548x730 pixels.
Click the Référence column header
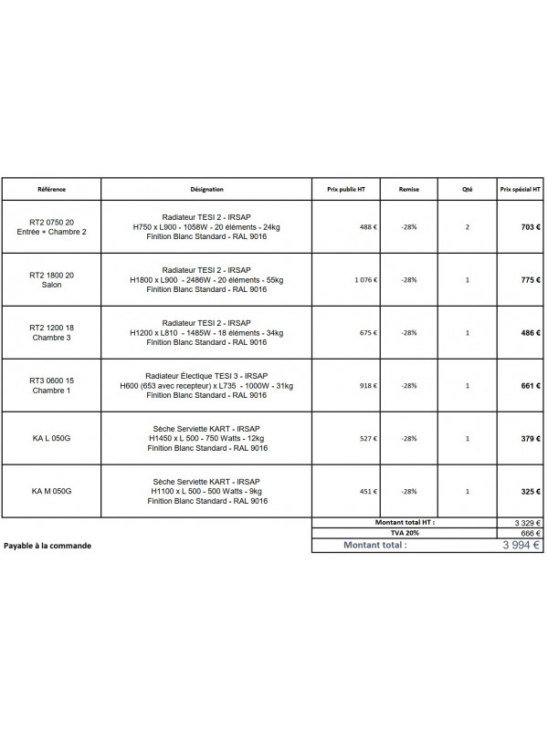pyautogui.click(x=51, y=190)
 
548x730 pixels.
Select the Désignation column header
pyautogui.click(x=207, y=190)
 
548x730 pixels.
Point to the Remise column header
pyautogui.click(x=408, y=190)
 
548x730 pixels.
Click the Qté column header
pyautogui.click(x=468, y=190)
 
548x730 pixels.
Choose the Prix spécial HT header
pyautogui.click(x=520, y=190)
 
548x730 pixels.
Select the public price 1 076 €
pyautogui.click(x=366, y=280)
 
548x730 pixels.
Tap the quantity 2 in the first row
pyautogui.click(x=468, y=227)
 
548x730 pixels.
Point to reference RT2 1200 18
pyautogui.click(x=51, y=328)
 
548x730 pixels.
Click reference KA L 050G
pyautogui.click(x=51, y=439)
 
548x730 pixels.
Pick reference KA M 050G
pyautogui.click(x=51, y=492)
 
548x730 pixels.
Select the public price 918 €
pyautogui.click(x=368, y=386)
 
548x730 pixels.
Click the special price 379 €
pyautogui.click(x=532, y=439)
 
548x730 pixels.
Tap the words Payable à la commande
pyautogui.click(x=47, y=546)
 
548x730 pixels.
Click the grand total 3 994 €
pyautogui.click(x=521, y=545)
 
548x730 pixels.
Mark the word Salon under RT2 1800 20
pyautogui.click(x=51, y=286)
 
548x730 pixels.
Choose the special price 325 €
pyautogui.click(x=532, y=492)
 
